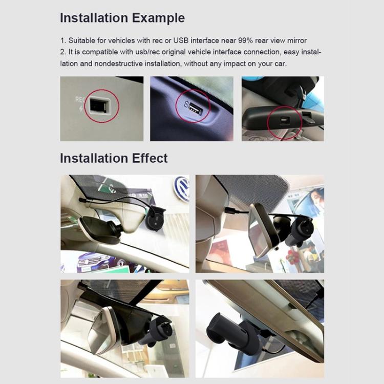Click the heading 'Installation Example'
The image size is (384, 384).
click(x=122, y=18)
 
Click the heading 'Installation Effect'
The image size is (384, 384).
click(x=114, y=158)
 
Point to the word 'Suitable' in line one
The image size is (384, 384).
click(x=81, y=40)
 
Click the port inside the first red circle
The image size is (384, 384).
click(x=98, y=106)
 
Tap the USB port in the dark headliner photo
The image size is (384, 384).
click(x=195, y=108)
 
